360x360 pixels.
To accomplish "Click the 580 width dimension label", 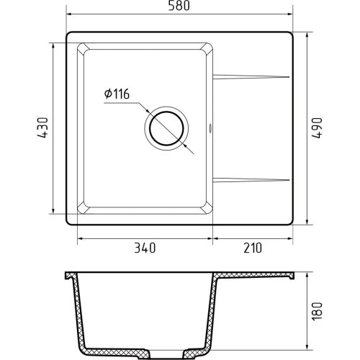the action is pyautogui.click(x=179, y=6).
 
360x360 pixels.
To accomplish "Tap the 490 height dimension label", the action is pyautogui.click(x=317, y=128).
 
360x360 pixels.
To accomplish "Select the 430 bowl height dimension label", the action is pyautogui.click(x=43, y=127).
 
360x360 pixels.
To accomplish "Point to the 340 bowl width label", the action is pyautogui.click(x=145, y=248).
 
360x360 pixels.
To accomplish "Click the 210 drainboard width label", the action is pyautogui.click(x=253, y=248).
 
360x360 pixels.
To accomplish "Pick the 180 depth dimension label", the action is pyautogui.click(x=317, y=310).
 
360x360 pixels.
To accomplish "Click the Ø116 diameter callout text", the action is pyautogui.click(x=117, y=94).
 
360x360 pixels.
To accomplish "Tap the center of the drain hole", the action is pyautogui.click(x=166, y=128).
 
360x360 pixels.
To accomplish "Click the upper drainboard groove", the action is pyautogui.click(x=251, y=76).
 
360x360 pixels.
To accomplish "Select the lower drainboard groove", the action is pyautogui.click(x=251, y=180).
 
